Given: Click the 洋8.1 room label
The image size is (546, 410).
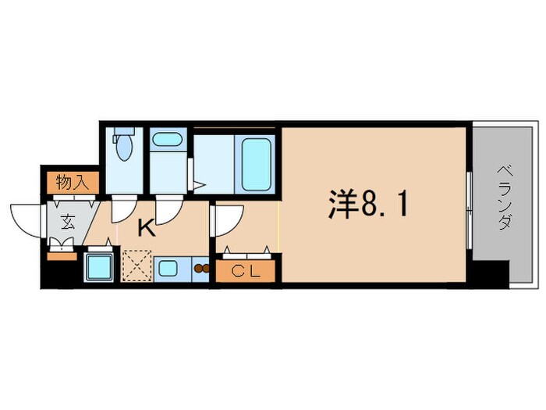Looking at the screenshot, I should click(367, 205).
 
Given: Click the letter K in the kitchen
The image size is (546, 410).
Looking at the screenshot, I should click(146, 229).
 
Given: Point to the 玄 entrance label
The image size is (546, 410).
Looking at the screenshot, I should click(68, 221).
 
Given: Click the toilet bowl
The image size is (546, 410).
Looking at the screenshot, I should click(124, 146).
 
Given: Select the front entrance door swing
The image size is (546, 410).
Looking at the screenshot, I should click(27, 218).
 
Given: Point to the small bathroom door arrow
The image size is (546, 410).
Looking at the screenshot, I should click(199, 186).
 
